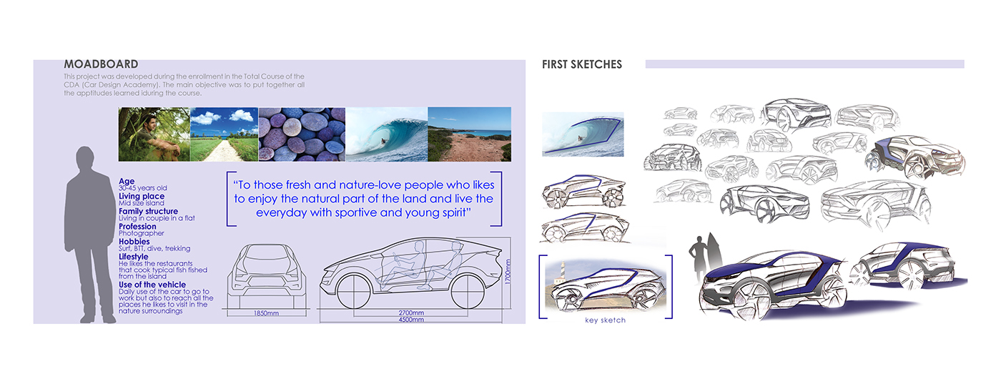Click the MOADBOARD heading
coord(101,64)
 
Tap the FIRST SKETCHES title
coord(582,64)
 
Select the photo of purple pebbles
coord(301,134)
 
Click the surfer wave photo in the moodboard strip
coord(386,134)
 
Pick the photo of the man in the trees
coord(154,134)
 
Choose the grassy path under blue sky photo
coord(224,134)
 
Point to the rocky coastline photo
coord(469,134)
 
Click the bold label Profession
coord(137,227)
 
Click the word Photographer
coord(141,234)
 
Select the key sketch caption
coord(605,320)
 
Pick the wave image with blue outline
coord(583,134)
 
